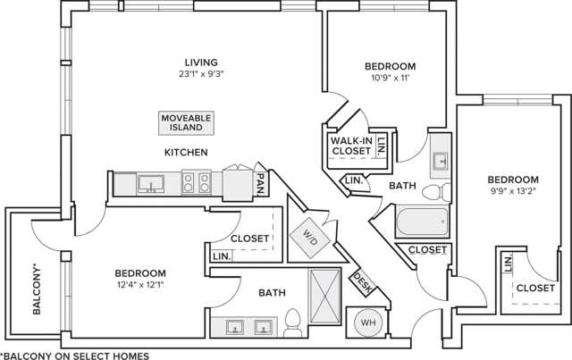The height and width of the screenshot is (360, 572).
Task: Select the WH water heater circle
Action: coord(367,322)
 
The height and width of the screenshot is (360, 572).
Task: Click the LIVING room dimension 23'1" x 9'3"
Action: coord(201,75)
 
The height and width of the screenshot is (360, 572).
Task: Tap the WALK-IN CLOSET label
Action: coord(350,147)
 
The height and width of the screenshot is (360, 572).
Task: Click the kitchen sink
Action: coord(150,185)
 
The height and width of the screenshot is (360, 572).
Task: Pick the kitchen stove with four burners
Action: coord(196,184)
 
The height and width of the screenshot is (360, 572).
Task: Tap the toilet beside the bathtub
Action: coord(435,191)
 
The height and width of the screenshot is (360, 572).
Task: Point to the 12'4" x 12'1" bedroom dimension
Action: coord(140,286)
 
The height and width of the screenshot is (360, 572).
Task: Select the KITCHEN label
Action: coord(186,153)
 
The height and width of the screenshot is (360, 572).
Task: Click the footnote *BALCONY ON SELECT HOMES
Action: coord(75,354)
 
